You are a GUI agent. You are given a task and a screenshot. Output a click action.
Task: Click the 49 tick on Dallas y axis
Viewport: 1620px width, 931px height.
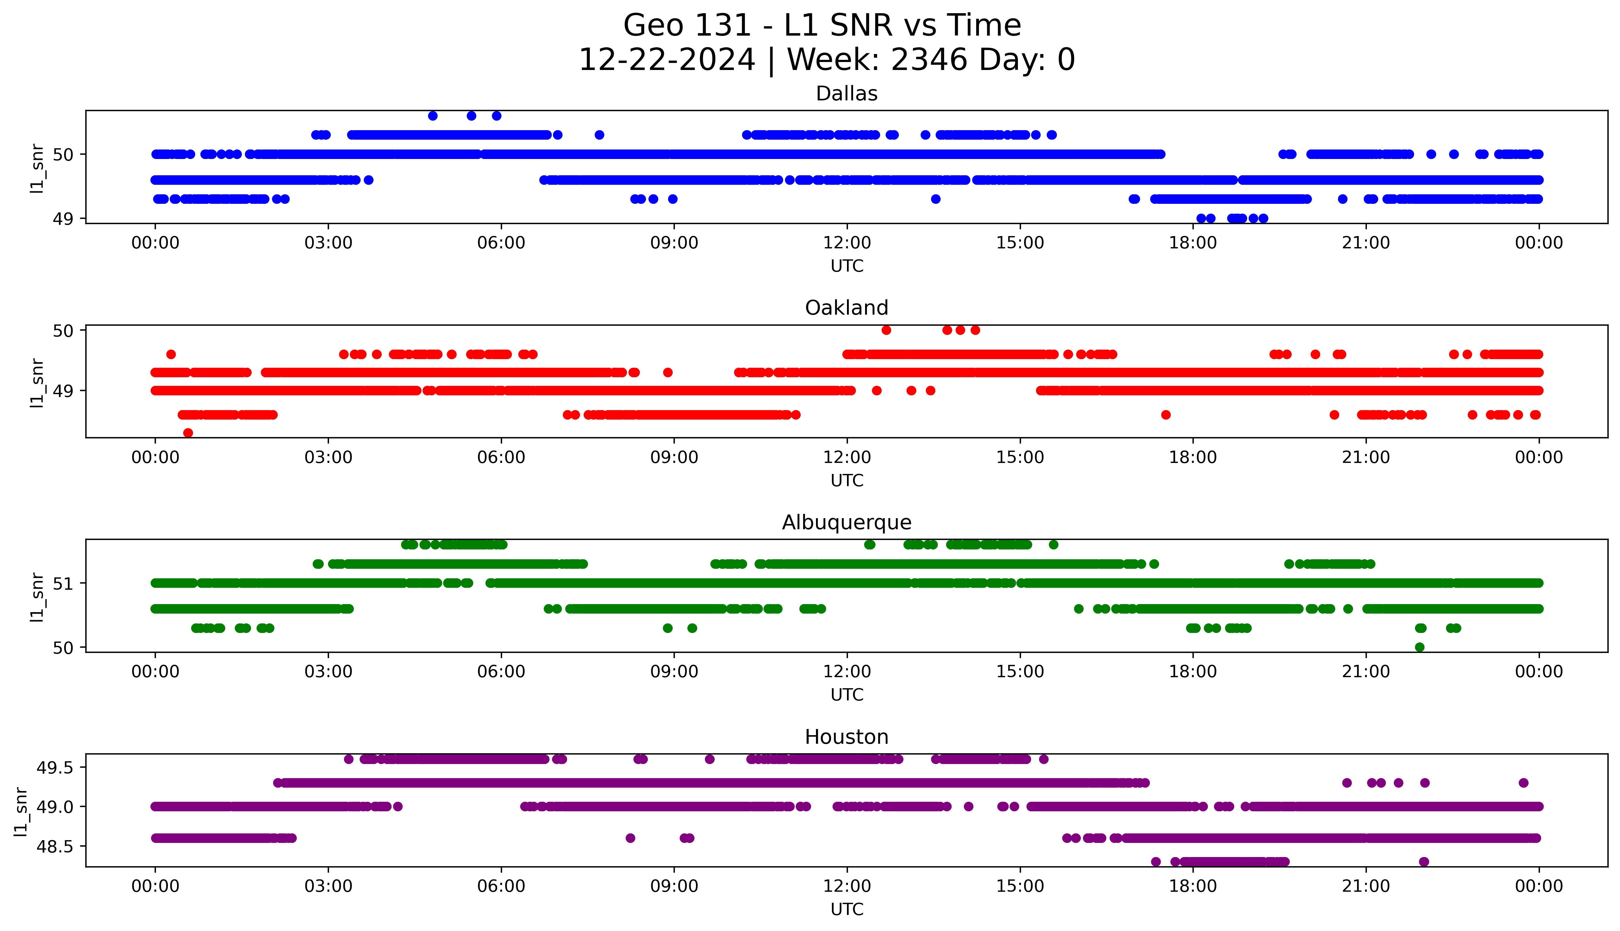pos(63,219)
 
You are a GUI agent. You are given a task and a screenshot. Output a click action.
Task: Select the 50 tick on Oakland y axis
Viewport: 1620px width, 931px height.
pos(63,331)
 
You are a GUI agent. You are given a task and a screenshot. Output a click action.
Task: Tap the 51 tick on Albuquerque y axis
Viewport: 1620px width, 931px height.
pos(63,583)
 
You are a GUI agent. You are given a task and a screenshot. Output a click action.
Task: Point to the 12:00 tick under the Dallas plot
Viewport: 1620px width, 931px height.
pos(847,243)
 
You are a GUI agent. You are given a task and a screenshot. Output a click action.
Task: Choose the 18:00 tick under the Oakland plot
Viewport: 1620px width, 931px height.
pos(1193,457)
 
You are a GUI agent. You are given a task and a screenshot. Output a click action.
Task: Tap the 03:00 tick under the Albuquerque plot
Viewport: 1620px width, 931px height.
pos(328,671)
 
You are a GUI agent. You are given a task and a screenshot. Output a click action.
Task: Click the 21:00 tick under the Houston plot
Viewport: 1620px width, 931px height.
pos(1366,886)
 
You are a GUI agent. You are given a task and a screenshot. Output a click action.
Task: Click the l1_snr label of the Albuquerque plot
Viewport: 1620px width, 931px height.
pos(37,597)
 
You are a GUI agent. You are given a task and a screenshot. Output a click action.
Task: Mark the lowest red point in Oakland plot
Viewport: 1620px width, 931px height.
pos(188,433)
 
